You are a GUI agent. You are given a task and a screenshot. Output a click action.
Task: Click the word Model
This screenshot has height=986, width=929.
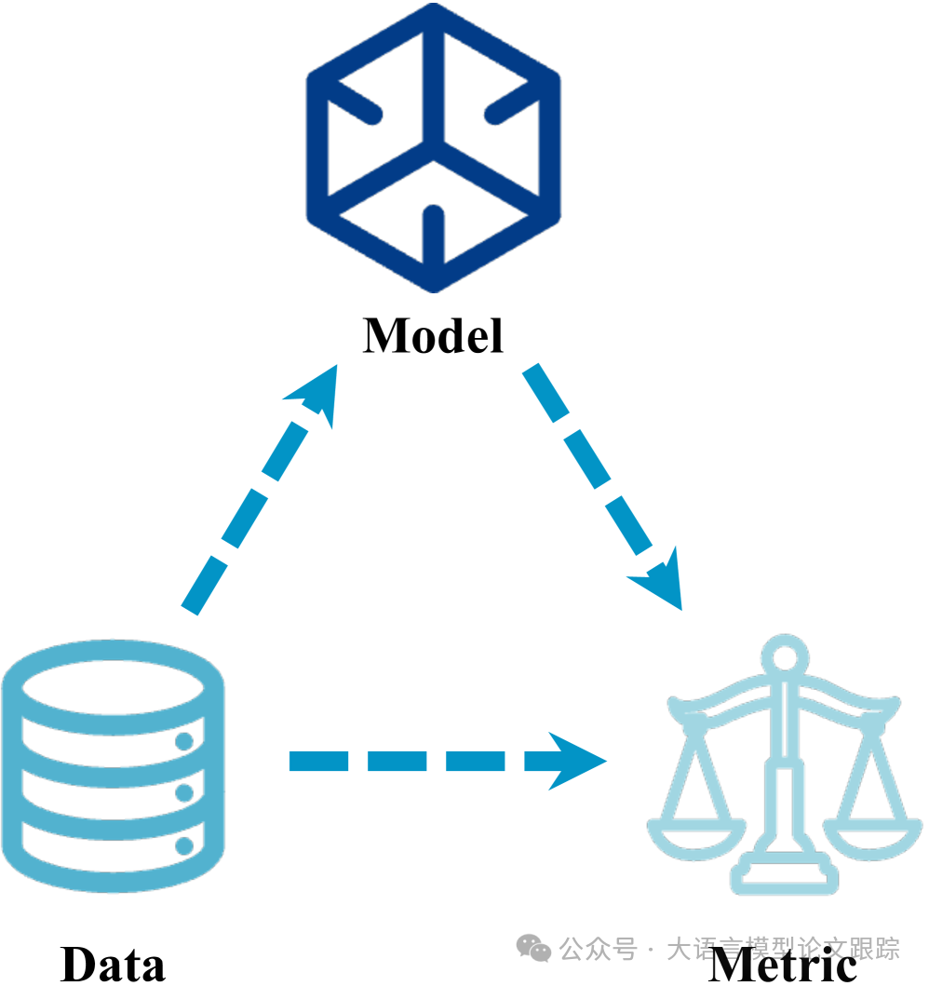(x=434, y=335)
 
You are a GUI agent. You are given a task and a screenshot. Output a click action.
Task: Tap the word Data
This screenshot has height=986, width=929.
(x=113, y=964)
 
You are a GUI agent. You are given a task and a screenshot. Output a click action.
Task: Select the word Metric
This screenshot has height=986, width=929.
(x=782, y=966)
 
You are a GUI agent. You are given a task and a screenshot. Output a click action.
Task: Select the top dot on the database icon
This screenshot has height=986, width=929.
(x=184, y=741)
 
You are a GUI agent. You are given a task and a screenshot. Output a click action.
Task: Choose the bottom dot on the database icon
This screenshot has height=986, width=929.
(x=184, y=845)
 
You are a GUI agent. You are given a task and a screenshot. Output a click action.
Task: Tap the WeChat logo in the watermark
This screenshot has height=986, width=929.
(x=534, y=949)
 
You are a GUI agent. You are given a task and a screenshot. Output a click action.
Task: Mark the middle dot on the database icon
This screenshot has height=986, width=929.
(x=184, y=793)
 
